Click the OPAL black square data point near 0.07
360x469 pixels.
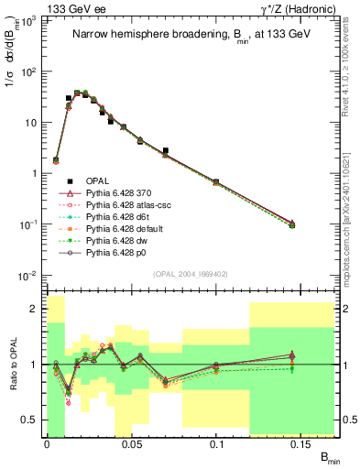(x=165, y=150)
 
